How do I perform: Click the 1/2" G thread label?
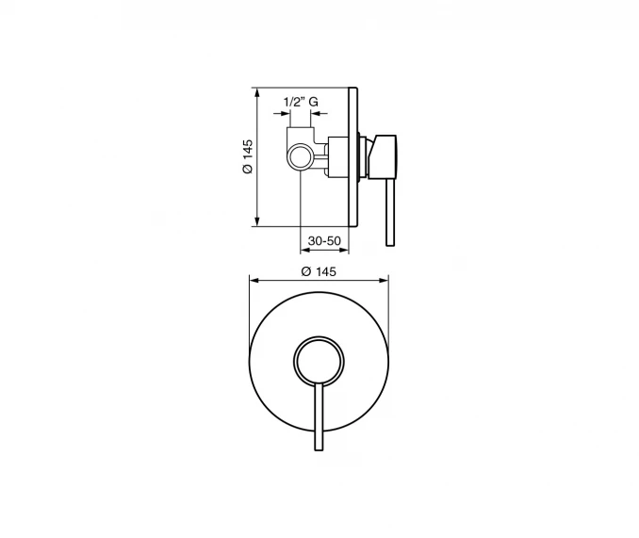(301, 102)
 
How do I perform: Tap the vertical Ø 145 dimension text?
(247, 156)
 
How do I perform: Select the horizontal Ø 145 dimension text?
(319, 271)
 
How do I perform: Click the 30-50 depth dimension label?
(324, 240)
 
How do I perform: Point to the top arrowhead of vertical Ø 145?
(256, 92)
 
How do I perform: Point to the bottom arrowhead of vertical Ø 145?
(256, 222)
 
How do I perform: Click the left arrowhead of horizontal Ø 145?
(254, 280)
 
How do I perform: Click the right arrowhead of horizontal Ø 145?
(384, 280)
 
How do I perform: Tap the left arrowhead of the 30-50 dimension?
(304, 250)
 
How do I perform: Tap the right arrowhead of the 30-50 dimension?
(344, 250)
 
